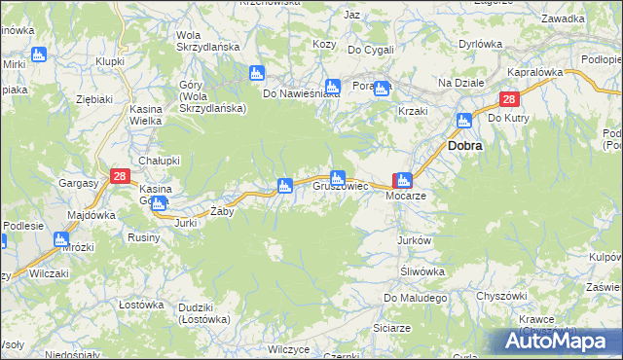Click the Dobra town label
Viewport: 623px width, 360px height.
466,144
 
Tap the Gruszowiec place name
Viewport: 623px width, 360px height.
340,185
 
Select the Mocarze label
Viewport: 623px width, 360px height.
407,195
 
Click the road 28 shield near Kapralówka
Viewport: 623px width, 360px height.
510,99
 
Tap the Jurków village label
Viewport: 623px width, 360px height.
414,239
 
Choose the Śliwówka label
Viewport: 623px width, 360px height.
423,271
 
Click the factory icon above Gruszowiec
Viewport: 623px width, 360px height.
337,178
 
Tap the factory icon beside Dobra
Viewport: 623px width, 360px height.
463,121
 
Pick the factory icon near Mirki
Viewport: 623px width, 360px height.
38,54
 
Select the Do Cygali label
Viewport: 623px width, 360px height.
371,50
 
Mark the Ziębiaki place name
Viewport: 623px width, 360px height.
94,99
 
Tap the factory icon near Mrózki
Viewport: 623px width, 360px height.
62,238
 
